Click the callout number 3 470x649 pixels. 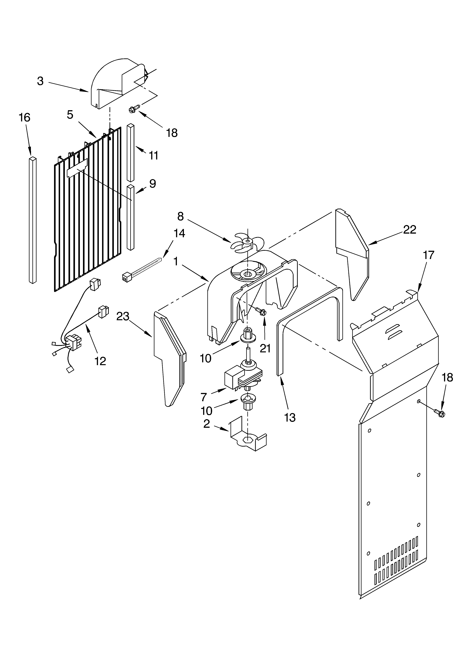[40, 81]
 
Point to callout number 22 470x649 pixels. [410, 230]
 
